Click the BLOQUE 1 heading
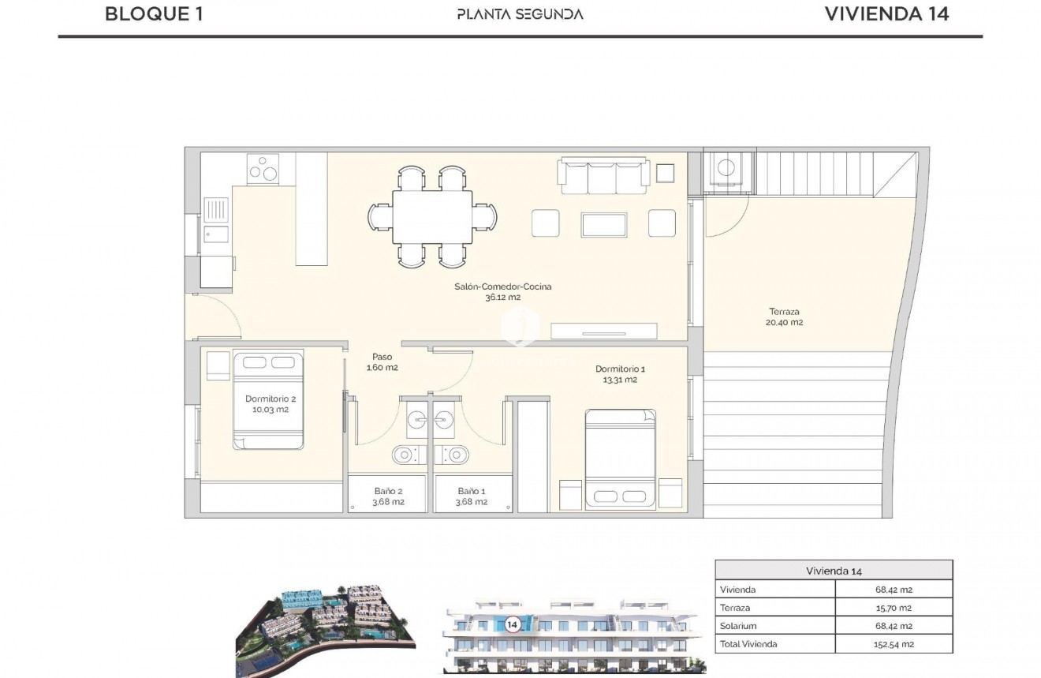click(154, 13)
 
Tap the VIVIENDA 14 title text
click(886, 13)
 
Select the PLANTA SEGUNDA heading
click(520, 14)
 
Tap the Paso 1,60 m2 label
click(382, 362)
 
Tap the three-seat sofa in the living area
click(604, 176)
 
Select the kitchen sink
click(215, 210)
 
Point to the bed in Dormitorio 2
click(268, 400)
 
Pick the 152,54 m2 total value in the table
click(894, 644)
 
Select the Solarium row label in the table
click(738, 626)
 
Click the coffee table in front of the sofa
click(604, 224)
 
